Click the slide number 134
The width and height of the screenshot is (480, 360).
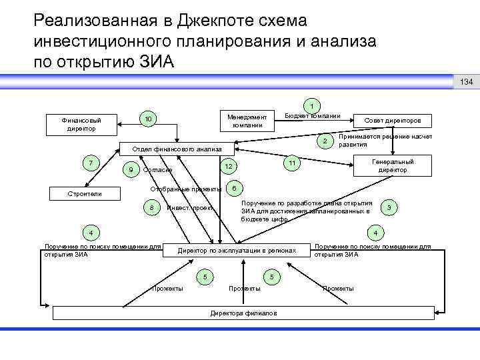click(466, 82)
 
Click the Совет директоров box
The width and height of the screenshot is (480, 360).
click(393, 121)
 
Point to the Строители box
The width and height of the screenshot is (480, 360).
click(86, 194)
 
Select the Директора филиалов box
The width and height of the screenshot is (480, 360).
click(244, 313)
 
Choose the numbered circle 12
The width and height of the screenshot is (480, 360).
click(228, 166)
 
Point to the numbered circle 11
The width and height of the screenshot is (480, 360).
click(291, 163)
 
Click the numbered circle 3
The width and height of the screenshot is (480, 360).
click(390, 209)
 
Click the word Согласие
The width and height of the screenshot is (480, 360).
click(157, 171)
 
